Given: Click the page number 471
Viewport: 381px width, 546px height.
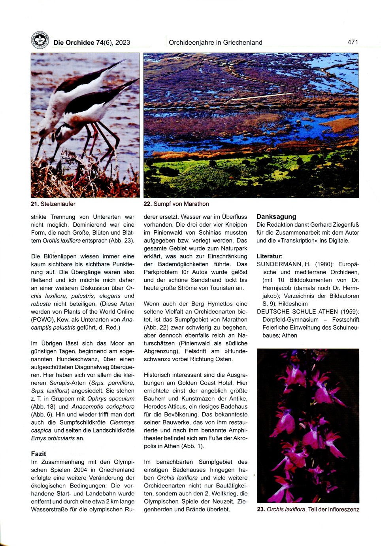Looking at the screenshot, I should point(353,42).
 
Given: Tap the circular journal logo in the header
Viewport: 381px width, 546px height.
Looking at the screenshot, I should point(40,40).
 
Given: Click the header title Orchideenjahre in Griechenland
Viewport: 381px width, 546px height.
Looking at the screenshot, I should point(215,42).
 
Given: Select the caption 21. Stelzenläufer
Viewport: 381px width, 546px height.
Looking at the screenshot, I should point(53,204).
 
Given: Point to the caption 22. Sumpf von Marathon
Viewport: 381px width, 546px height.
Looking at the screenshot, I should point(176,204).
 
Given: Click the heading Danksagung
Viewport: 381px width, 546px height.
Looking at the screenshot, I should point(276,216).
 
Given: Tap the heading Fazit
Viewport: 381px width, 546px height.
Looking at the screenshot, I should point(38,454).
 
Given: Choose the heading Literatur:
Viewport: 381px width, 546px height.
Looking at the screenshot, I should point(270,256).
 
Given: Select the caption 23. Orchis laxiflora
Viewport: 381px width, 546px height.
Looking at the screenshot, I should point(307,509).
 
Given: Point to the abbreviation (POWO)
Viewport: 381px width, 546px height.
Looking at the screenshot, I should point(43,320).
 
